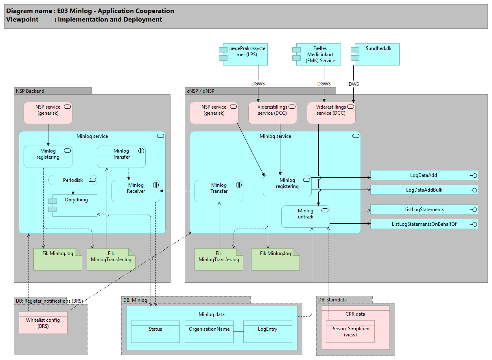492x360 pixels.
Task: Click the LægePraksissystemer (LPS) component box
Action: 243,54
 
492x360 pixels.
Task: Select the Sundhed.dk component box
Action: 375,54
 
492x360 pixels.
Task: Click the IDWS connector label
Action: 353,84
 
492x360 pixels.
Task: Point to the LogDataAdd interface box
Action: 424,175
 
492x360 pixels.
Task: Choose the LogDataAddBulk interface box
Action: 424,190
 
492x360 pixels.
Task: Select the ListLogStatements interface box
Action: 424,209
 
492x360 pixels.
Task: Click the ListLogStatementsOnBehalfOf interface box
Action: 424,224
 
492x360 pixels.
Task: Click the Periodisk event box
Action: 73,180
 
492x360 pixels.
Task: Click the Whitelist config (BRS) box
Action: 43,323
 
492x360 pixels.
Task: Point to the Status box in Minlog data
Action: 155,332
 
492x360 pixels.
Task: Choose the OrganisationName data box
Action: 209,332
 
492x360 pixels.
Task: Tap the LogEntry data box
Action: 267,332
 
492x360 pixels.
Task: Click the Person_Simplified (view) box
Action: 350,332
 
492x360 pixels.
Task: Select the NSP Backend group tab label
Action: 30,91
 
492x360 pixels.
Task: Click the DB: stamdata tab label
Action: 332,300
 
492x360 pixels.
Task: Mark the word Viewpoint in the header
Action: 22,20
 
